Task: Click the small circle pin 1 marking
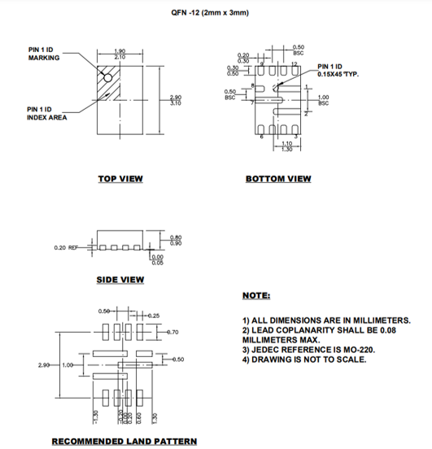[x=106, y=76]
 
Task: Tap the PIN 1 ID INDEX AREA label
[x=46, y=113]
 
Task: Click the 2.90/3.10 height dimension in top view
[x=176, y=101]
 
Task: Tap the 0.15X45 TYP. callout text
[x=338, y=74]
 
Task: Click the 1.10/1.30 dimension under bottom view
[x=286, y=146]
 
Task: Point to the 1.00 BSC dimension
[x=323, y=101]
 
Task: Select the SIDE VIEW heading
[x=120, y=280]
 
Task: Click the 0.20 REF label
[x=67, y=247]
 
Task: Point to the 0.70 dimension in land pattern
[x=172, y=333]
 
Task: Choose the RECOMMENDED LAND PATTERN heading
[x=124, y=442]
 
